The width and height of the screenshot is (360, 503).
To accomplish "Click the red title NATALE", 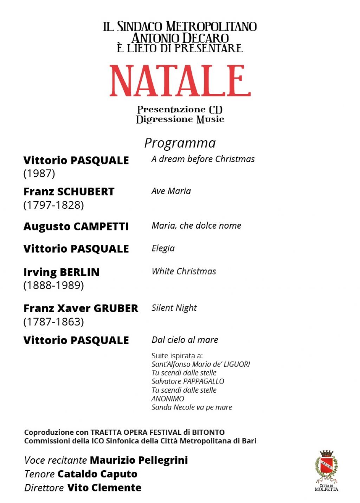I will tap(180, 81).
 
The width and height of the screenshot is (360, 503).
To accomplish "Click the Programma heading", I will tap(180, 143).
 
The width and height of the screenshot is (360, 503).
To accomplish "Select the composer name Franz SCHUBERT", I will tap(69, 192).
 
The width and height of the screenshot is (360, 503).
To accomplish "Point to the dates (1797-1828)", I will tap(53, 205).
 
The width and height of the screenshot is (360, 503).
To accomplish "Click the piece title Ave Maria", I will tap(171, 191).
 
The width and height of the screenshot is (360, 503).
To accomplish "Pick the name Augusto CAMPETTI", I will tap(76, 227).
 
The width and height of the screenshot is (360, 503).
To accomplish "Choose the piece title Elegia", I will tap(163, 248).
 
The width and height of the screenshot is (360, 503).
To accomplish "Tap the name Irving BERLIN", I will tap(62, 272).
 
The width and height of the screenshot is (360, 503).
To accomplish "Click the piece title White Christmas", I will tap(184, 271).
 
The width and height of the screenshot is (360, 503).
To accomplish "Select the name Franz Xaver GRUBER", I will tap(81, 308).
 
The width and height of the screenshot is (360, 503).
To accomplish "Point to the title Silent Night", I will tap(174, 308).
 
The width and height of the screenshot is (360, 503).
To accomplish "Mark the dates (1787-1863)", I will tap(53, 321).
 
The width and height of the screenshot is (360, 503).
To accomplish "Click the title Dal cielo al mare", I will tap(185, 340).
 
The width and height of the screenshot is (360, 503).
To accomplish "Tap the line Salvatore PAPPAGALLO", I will tap(188, 381).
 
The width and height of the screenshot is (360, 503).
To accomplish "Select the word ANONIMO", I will tap(168, 399).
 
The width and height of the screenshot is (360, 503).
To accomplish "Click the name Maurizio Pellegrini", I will tap(139, 460).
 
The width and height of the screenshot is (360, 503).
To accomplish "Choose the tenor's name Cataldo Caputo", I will tap(97, 474).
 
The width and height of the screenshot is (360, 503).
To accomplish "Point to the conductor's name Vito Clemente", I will tap(104, 488).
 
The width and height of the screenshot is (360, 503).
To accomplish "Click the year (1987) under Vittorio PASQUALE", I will tap(39, 173).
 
